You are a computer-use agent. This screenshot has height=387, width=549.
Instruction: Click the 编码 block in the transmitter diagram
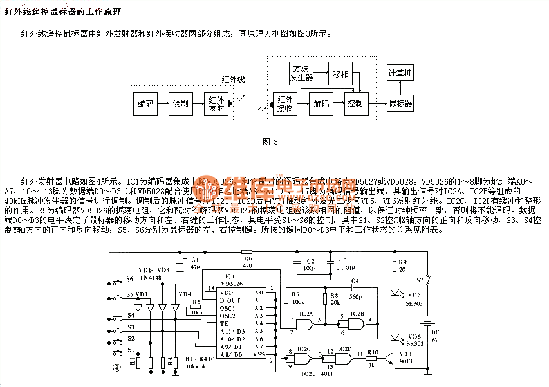(x=146, y=104)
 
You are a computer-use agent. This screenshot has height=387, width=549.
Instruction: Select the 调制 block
(x=181, y=104)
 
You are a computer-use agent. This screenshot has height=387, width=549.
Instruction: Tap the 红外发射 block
(x=216, y=104)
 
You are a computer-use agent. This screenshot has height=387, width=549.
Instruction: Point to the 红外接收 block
(x=284, y=104)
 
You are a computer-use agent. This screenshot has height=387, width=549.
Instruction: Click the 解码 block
(x=321, y=104)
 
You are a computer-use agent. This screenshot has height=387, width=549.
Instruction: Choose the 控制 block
(x=354, y=104)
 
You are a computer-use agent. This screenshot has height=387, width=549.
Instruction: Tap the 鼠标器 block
(x=400, y=104)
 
